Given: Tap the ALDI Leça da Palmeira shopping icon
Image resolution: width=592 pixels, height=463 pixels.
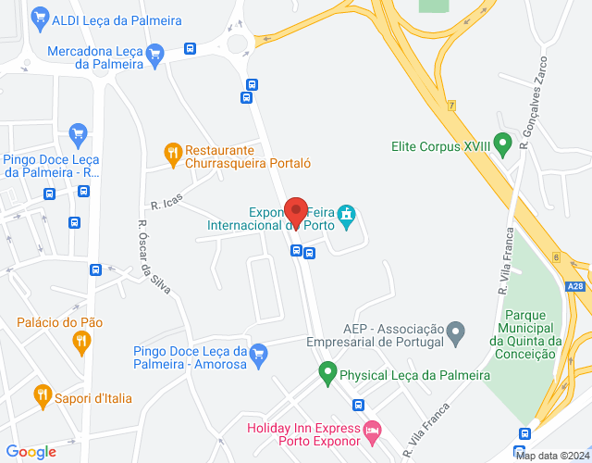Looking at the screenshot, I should (39, 17).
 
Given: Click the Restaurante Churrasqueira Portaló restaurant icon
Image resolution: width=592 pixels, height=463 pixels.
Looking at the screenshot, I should (171, 152).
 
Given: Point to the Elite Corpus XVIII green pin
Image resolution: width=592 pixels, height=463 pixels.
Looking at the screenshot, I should (502, 144).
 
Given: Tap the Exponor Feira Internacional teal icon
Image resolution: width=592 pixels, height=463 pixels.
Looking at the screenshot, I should (347, 217).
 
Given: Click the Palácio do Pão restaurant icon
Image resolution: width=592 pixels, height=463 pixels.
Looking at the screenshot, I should (81, 342).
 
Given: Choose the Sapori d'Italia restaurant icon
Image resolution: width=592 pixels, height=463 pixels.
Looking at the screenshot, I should (42, 397).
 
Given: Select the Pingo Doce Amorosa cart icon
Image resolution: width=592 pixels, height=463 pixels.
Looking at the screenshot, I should (259, 352).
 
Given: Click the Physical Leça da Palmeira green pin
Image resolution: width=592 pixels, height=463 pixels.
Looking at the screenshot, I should (327, 374).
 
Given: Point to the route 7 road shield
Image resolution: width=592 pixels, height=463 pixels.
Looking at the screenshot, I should (451, 106).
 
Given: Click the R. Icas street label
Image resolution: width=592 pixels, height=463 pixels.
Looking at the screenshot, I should (167, 201).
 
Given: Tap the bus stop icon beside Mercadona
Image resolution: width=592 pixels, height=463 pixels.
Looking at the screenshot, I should (190, 49).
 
